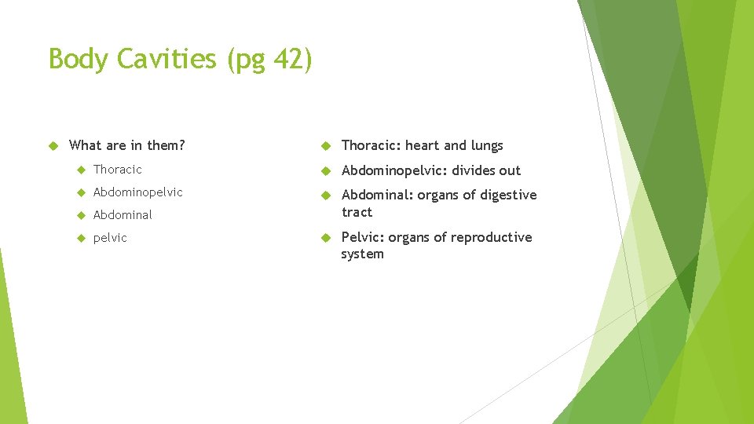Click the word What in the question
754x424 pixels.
pyautogui.click(x=85, y=145)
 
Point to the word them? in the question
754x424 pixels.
pyautogui.click(x=166, y=145)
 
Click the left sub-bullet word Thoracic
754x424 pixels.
pyautogui.click(x=117, y=170)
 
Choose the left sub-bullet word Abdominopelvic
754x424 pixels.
pyautogui.click(x=137, y=192)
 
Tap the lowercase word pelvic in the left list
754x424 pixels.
pyautogui.click(x=110, y=238)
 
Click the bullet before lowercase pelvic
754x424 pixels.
pyautogui.click(x=79, y=238)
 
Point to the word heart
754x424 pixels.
pyautogui.click(x=423, y=145)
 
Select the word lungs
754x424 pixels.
pyautogui.click(x=487, y=146)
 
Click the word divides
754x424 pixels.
pyautogui.click(x=474, y=170)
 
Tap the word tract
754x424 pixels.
pyautogui.click(x=357, y=212)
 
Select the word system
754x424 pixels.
pyautogui.click(x=362, y=254)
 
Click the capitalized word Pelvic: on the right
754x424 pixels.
pyautogui.click(x=364, y=237)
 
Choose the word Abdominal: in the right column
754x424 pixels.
pyautogui.click(x=377, y=195)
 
